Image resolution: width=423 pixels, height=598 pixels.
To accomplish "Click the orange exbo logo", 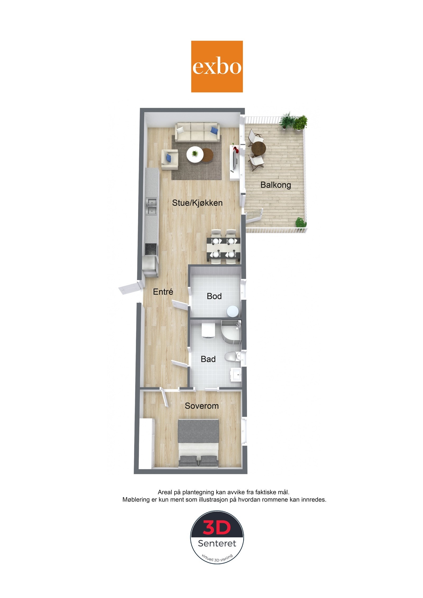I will point(217,66).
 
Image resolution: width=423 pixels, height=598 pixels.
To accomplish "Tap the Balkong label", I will point(275,185).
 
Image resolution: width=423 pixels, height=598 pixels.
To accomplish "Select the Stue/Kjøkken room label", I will point(197,203).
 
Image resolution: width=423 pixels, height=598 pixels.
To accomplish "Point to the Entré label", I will point(163,292).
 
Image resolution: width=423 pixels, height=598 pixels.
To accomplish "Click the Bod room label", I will point(214,296).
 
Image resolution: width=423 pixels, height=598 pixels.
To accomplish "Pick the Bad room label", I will point(208,359).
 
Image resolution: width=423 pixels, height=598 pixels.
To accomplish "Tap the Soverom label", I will point(201,406).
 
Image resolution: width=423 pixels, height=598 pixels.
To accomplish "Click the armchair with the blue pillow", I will point(169,159).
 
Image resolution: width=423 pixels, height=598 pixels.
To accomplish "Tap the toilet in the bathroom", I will point(232,357).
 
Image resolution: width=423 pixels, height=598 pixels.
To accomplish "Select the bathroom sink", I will point(236,374).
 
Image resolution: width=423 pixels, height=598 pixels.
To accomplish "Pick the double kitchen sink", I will point(152,207).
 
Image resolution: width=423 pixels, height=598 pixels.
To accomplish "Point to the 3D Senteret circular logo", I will point(217,537).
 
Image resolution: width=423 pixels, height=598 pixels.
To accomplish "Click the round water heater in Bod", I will point(233,311).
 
